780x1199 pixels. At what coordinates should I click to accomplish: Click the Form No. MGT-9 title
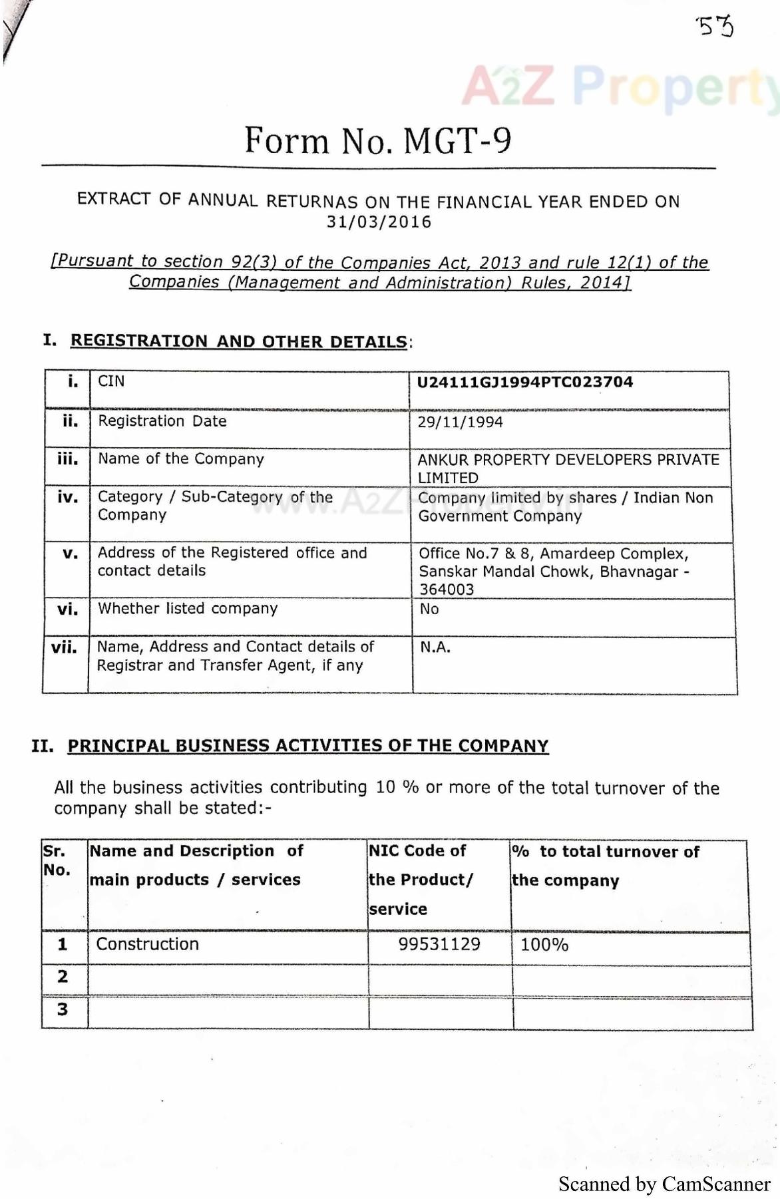point(378,140)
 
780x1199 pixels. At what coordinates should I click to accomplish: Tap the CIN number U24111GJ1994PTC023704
point(524,382)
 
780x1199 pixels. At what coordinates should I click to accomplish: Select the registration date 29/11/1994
point(460,422)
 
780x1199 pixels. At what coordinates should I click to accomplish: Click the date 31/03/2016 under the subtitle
point(379,222)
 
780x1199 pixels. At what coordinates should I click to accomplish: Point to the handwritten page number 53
point(715,27)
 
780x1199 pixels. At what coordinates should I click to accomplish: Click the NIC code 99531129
point(439,944)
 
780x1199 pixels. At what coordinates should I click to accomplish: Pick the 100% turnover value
point(544,945)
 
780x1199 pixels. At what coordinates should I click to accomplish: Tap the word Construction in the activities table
point(147,944)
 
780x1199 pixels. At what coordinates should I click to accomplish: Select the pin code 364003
point(446,590)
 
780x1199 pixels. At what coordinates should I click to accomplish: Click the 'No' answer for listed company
point(429,609)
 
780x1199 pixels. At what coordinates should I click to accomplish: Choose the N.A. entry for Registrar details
point(435,647)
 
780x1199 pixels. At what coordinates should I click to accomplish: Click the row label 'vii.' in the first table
point(65,647)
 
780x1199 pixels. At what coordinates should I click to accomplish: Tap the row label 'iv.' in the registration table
point(67,497)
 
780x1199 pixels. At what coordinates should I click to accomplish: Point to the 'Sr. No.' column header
point(57,860)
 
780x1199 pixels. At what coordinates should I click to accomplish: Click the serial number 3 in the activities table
point(63,1009)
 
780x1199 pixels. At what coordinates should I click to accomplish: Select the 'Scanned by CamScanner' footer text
point(664,1184)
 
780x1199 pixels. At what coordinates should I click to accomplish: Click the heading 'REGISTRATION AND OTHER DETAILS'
point(238,341)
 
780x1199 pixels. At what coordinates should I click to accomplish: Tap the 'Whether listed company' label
point(188,608)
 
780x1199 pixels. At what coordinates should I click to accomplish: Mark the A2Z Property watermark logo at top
point(619,86)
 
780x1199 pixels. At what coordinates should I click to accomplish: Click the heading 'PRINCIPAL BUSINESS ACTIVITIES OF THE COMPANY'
point(308,746)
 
